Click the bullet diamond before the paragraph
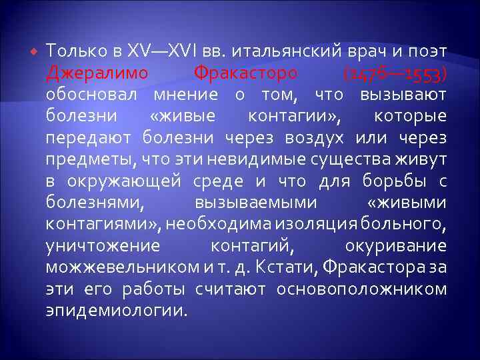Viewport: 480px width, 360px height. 33,52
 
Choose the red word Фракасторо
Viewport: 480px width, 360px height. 245,72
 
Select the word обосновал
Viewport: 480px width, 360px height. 95,94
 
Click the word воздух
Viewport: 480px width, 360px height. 315,137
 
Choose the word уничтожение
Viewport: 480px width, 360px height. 103,245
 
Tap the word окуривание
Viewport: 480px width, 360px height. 396,245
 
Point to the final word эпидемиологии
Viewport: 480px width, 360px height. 117,311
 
